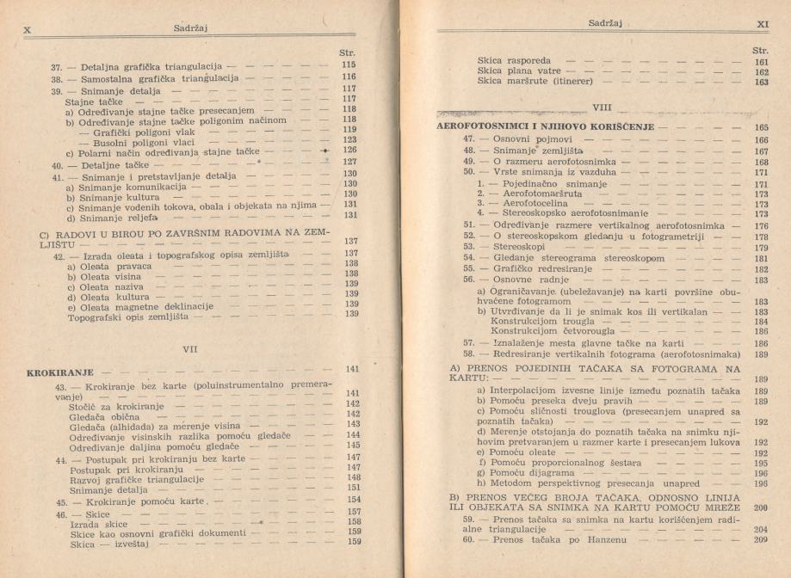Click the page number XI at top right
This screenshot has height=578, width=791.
coord(761,24)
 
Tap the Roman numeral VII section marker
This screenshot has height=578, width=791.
coord(204,349)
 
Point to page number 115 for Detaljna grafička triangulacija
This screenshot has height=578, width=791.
coord(348,65)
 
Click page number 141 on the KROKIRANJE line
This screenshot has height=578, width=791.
coord(350,368)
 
